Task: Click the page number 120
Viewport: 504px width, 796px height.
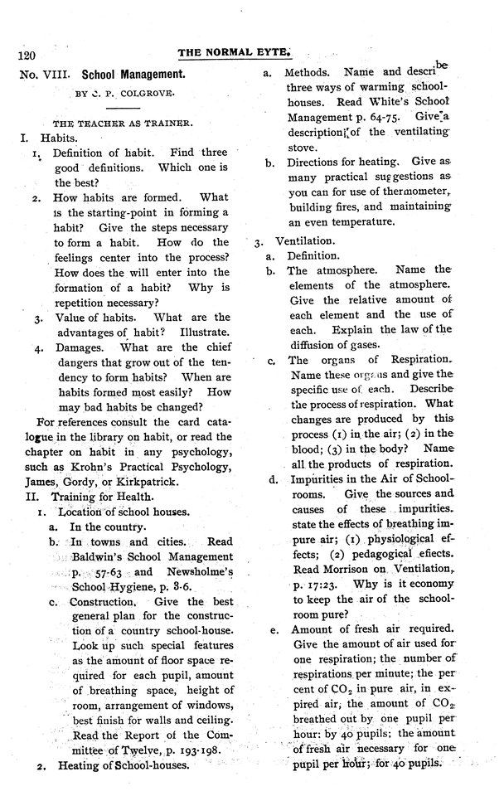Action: point(29,56)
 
